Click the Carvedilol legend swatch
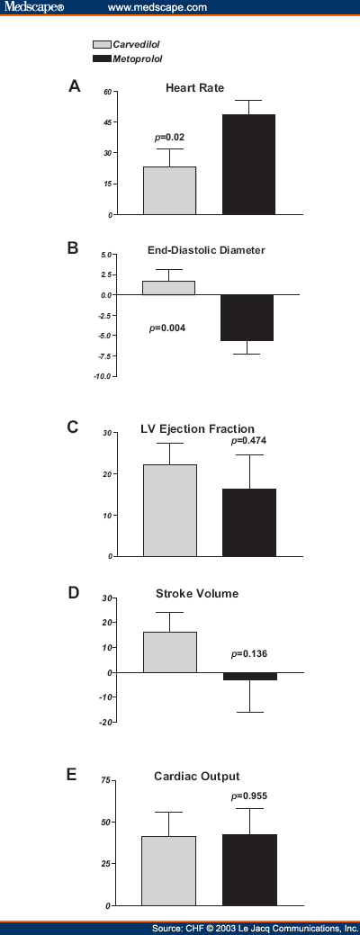101,43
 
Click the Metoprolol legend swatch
101,58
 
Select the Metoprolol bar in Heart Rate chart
249,164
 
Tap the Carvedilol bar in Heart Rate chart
169,190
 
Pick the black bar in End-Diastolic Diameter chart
249,318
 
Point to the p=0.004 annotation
167,328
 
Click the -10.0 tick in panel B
101,375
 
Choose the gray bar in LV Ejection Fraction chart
170,510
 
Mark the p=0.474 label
248,441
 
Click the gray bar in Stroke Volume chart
170,652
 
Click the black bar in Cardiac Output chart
249,869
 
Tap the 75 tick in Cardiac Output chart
105,780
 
